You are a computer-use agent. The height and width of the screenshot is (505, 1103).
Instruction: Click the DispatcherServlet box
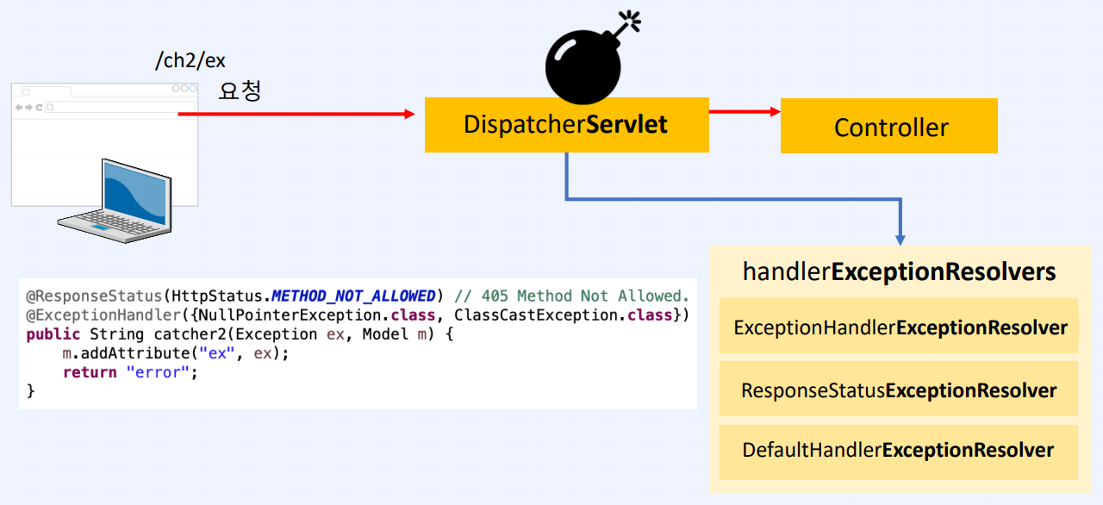[x=566, y=125]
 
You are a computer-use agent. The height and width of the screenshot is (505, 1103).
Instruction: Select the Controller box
[x=888, y=127]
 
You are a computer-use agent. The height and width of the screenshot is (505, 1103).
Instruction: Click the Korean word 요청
[x=240, y=90]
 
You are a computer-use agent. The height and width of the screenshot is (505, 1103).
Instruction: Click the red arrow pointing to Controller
[x=744, y=111]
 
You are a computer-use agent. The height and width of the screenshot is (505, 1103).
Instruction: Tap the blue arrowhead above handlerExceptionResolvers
[x=900, y=236]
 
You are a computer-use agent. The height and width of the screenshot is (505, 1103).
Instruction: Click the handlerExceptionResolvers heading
[x=899, y=272]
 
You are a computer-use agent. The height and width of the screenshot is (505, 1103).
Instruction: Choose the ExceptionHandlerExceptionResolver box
[x=900, y=327]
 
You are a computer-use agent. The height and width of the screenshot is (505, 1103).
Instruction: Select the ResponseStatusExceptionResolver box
[x=899, y=390]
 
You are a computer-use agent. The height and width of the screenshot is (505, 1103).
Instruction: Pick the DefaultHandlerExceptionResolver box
[x=898, y=450]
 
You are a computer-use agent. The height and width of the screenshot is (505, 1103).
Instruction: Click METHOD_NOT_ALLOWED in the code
[x=353, y=296]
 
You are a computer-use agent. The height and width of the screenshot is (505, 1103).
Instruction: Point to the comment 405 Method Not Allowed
[x=585, y=296]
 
